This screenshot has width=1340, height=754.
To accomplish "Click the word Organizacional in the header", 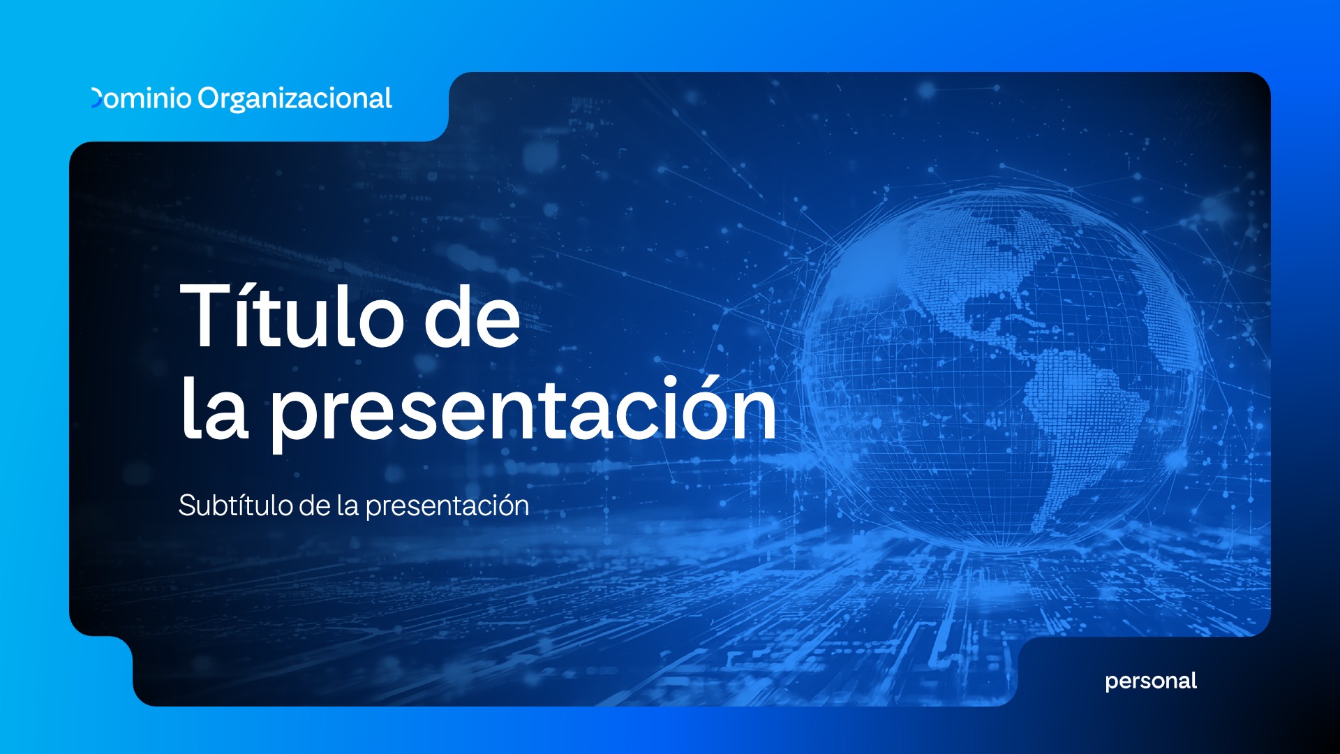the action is pyautogui.click(x=295, y=99).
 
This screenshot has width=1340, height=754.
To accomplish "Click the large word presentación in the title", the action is pyautogui.click(x=523, y=412).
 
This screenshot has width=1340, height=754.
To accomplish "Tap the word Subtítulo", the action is pyautogui.click(x=234, y=505).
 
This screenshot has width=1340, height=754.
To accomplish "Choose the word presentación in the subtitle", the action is pyautogui.click(x=447, y=506).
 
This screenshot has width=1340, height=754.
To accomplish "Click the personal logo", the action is pyautogui.click(x=1151, y=681).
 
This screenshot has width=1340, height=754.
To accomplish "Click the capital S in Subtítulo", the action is pyautogui.click(x=187, y=505).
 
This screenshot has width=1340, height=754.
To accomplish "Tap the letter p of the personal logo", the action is pyautogui.click(x=1112, y=683).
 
